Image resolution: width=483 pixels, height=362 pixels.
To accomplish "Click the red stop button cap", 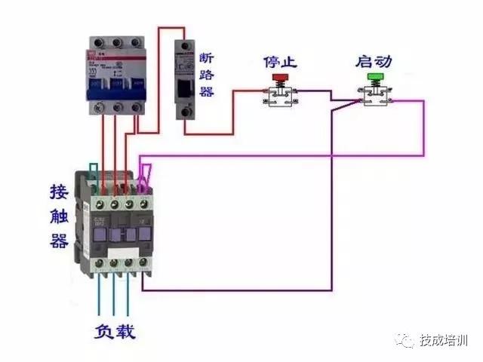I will pyautogui.click(x=279, y=78).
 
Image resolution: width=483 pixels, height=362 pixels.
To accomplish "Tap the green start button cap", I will pyautogui.click(x=375, y=78).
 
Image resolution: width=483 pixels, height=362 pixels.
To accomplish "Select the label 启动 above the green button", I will pyautogui.click(x=374, y=60).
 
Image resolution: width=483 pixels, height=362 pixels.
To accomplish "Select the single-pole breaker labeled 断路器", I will pyautogui.click(x=184, y=79).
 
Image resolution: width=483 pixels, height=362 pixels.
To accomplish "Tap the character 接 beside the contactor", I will pyautogui.click(x=59, y=189).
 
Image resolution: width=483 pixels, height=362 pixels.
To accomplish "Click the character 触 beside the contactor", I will pyautogui.click(x=59, y=214).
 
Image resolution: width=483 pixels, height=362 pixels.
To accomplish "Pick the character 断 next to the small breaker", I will pyautogui.click(x=207, y=57).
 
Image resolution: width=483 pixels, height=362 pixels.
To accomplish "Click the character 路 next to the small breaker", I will pyautogui.click(x=207, y=75).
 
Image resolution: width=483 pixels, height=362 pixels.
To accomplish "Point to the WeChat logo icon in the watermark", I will pyautogui.click(x=408, y=341).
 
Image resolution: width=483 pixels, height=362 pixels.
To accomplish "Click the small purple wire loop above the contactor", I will pyautogui.click(x=145, y=175).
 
